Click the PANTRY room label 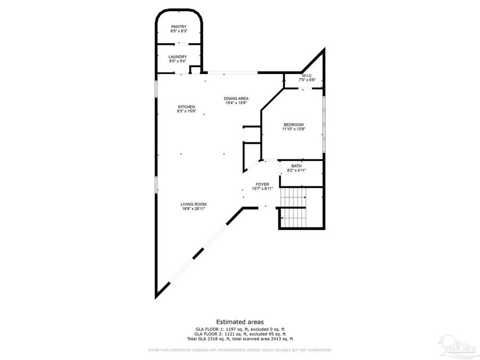(179, 27)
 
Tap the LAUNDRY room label (178, 57)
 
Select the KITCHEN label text (186, 107)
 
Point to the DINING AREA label (236, 98)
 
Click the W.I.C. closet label (307, 75)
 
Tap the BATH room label (296, 166)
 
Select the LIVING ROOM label (193, 204)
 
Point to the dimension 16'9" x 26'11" (193, 209)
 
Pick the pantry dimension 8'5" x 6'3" (179, 31)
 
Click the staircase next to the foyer (293, 208)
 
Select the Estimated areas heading (239, 322)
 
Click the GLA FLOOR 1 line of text (239, 329)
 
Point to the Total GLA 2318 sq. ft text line (239, 339)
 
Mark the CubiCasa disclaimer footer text (239, 350)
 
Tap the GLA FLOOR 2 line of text (239, 334)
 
